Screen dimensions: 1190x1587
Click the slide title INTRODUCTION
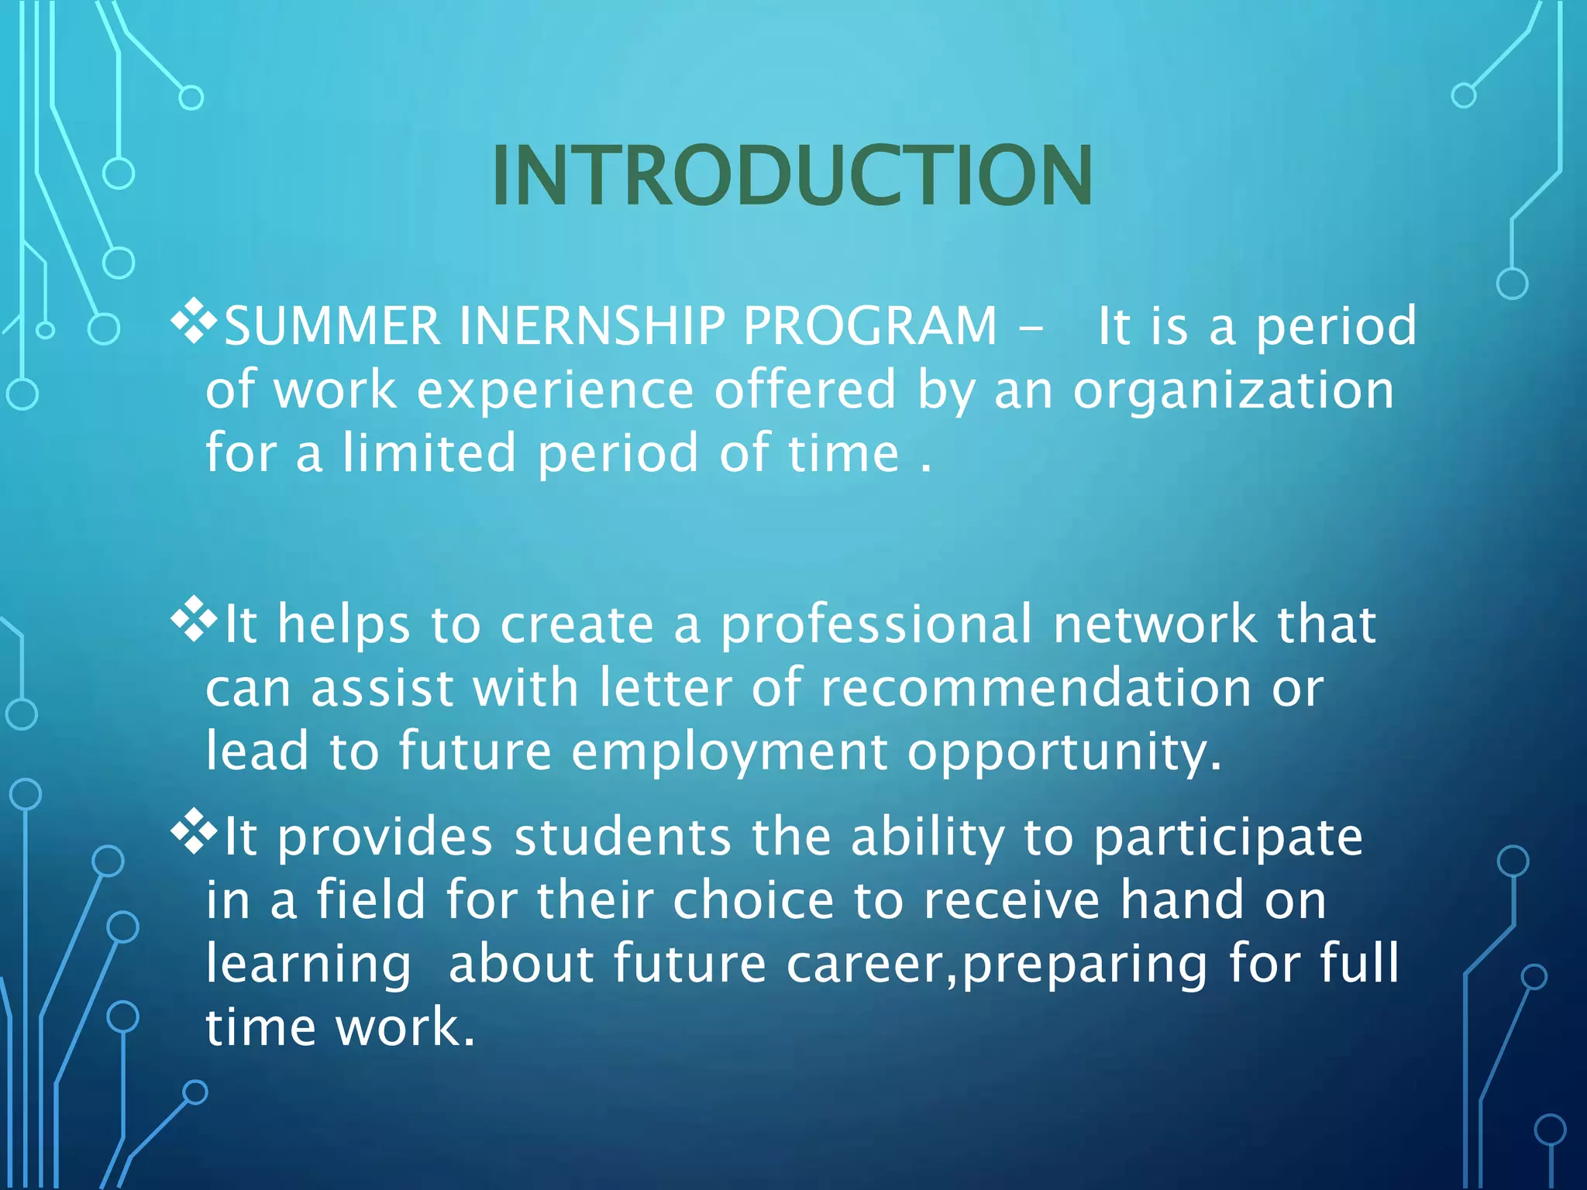click(x=792, y=176)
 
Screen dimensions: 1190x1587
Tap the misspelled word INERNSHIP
click(x=592, y=325)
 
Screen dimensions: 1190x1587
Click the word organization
click(x=1233, y=390)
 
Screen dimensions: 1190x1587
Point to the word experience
click(x=555, y=390)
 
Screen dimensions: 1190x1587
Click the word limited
click(x=429, y=453)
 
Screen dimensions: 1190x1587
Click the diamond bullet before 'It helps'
click(x=193, y=620)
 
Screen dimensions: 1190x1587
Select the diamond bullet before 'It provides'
click(x=193, y=833)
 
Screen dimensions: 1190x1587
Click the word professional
click(x=876, y=624)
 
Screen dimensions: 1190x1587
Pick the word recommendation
click(x=1035, y=688)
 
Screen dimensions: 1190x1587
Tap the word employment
click(x=729, y=752)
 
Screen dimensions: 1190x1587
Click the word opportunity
click(x=1064, y=752)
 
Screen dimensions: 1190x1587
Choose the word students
click(x=622, y=837)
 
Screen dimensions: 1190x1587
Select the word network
click(x=1155, y=624)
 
